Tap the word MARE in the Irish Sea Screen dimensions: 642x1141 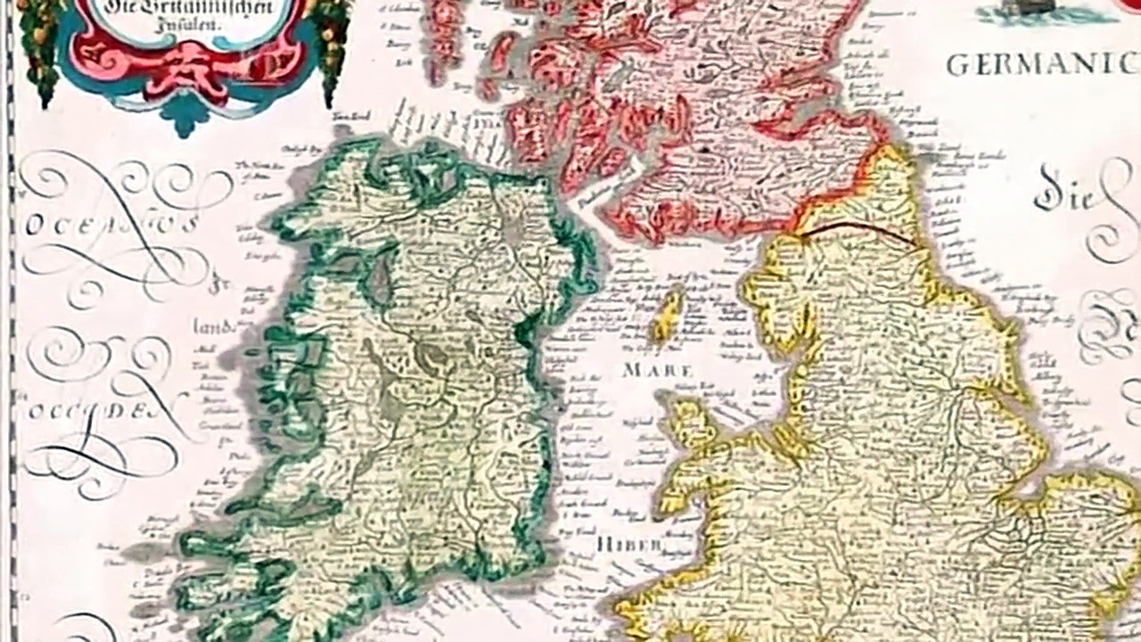[x=659, y=368]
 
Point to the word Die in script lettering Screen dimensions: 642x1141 [x=1066, y=193]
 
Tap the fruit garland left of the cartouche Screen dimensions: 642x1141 [x=40, y=45]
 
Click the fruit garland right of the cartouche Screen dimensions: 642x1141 [x=334, y=45]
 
